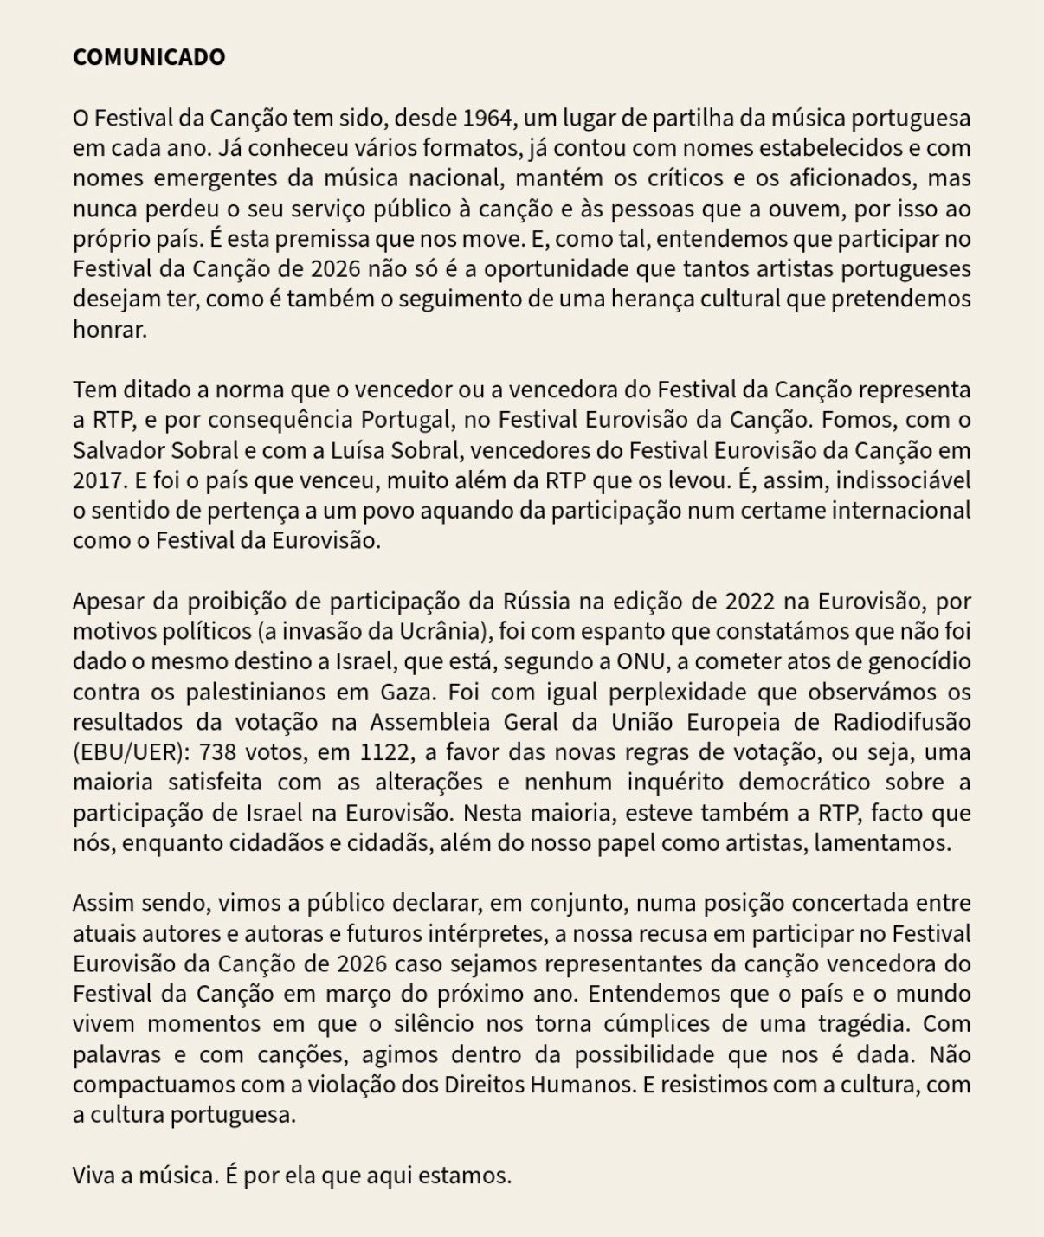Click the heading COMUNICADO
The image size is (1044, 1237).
(149, 57)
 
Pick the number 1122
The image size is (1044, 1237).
(384, 752)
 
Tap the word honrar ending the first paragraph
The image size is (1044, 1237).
(110, 330)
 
